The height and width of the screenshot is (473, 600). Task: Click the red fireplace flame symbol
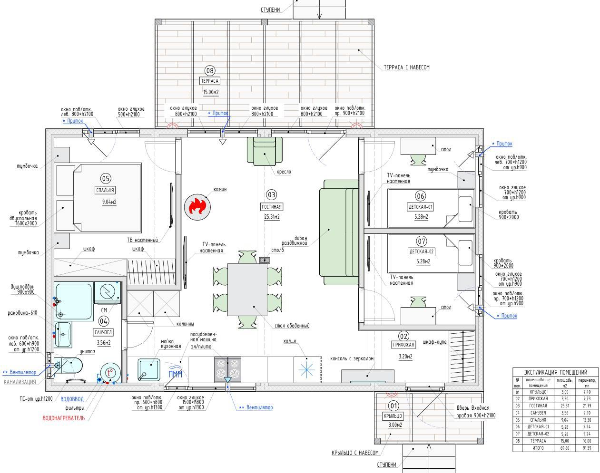[x=196, y=206]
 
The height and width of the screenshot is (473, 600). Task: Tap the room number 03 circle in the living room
[x=271, y=194]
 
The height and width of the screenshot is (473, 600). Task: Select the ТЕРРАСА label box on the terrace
[x=210, y=81]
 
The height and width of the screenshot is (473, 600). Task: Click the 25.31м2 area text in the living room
[x=272, y=217]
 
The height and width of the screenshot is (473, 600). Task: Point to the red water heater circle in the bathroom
[x=110, y=373]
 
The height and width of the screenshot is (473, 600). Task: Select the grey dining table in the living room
[x=247, y=290]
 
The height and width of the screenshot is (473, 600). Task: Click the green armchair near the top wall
[x=265, y=151]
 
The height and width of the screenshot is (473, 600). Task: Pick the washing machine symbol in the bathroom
[x=108, y=291]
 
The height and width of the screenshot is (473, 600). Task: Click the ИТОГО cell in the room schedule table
[x=538, y=448]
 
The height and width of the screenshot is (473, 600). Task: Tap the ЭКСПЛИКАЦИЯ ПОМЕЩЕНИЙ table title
[x=555, y=372]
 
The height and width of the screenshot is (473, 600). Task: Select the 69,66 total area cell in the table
[x=564, y=448]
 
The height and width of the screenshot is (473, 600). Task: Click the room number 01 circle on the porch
[x=393, y=405]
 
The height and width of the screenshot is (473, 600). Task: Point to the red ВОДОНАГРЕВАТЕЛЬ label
[x=64, y=418]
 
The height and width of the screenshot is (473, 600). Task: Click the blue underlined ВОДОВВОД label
[x=72, y=399]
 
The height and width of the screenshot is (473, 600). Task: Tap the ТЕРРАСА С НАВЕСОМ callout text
[x=406, y=68]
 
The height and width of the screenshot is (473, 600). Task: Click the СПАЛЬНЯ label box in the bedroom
[x=105, y=190]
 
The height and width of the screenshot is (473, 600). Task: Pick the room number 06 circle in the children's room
[x=421, y=196]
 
